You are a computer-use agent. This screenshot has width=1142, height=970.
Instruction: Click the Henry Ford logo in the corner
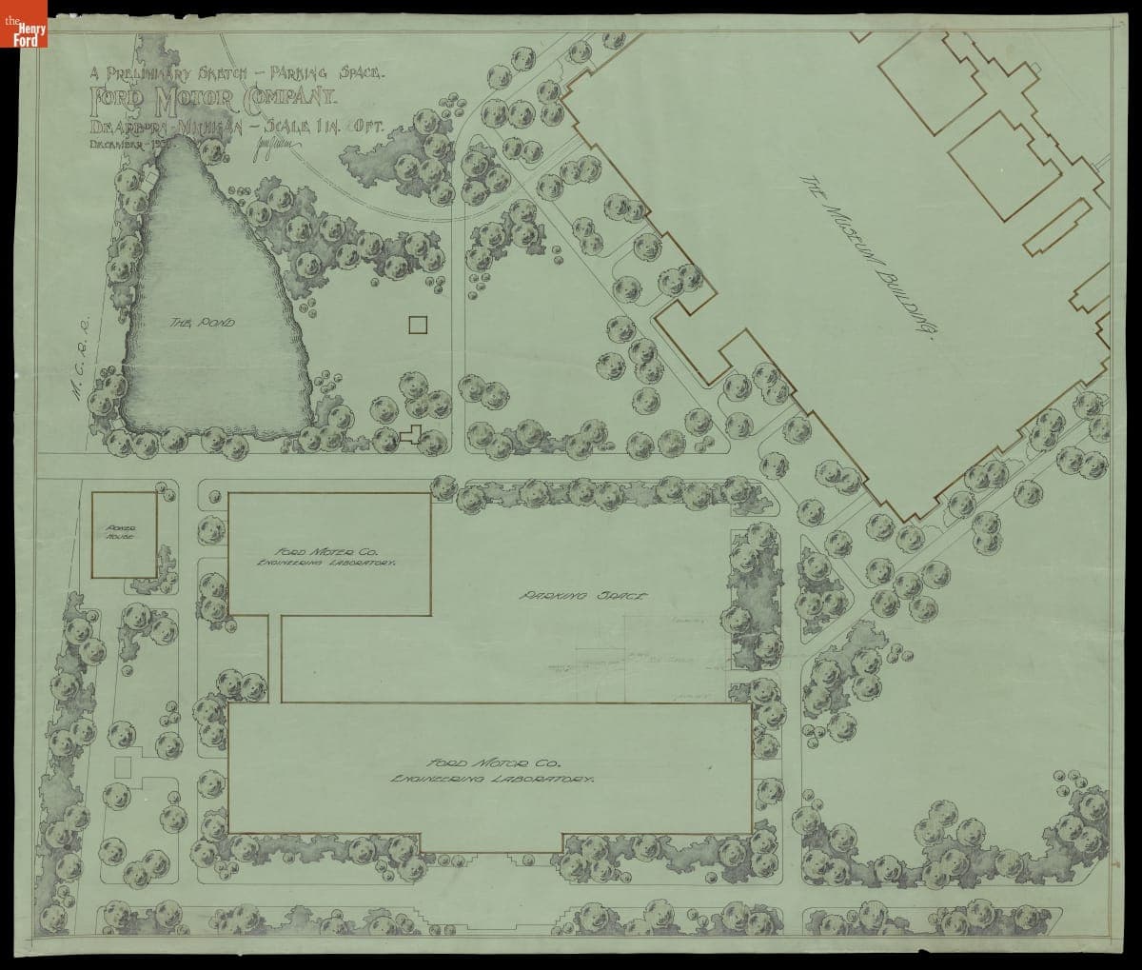23,25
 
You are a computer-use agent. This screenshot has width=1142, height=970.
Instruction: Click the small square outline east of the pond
418,325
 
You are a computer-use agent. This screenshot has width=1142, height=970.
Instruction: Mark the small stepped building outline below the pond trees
411,435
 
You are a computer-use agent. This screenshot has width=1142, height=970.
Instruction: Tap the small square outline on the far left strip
123,766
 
